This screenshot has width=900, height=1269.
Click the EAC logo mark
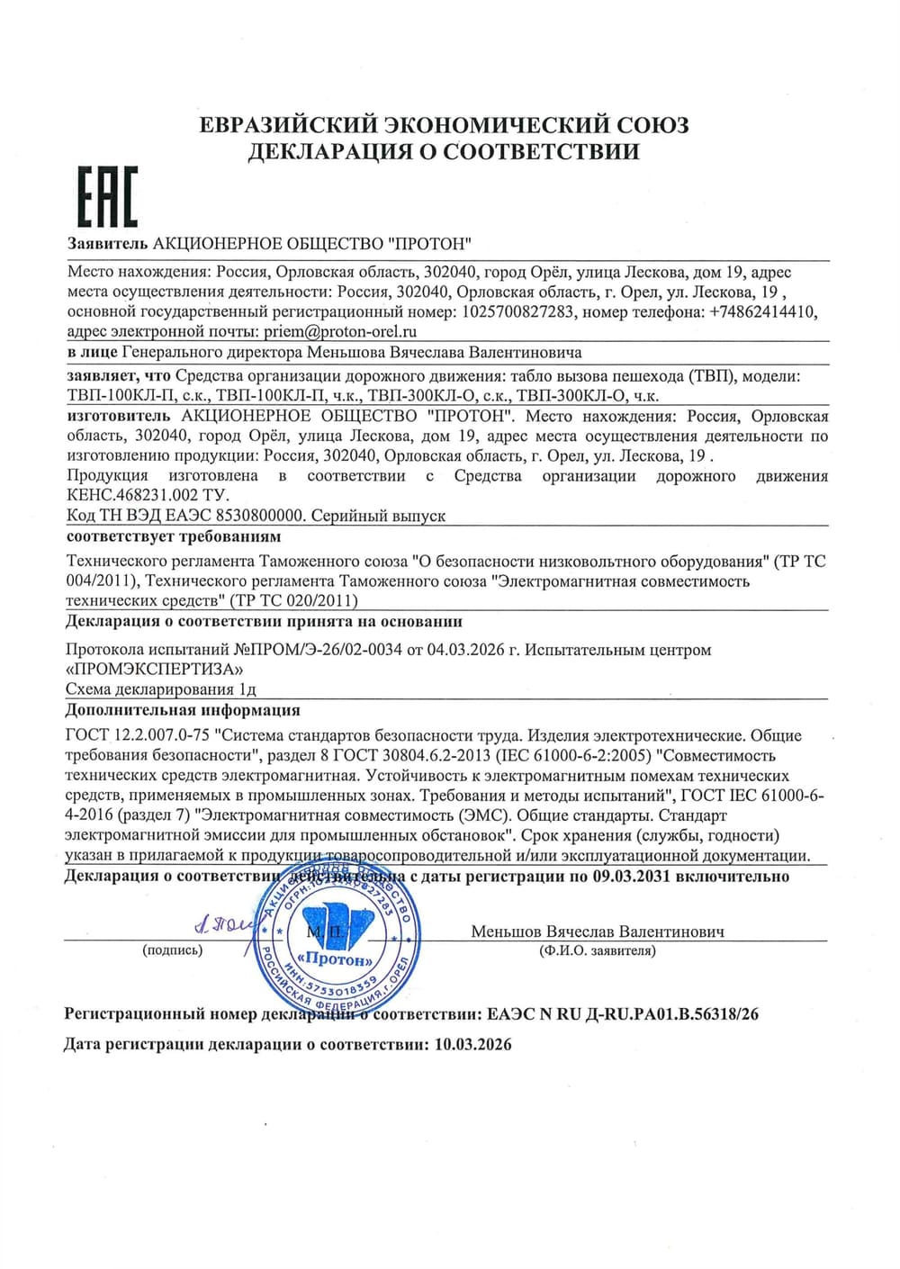[x=106, y=197]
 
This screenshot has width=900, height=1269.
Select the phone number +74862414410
[x=762, y=311]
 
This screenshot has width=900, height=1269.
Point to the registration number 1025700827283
[x=517, y=311]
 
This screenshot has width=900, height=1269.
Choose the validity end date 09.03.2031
[x=631, y=876]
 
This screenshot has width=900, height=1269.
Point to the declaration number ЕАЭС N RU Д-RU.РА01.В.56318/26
[x=623, y=1014]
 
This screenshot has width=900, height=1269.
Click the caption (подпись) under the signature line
[x=173, y=950]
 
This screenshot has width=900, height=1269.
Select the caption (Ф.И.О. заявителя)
[x=598, y=950]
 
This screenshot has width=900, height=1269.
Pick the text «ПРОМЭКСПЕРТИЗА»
[x=154, y=670]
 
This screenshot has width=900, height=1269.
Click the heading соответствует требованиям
[x=174, y=536]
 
